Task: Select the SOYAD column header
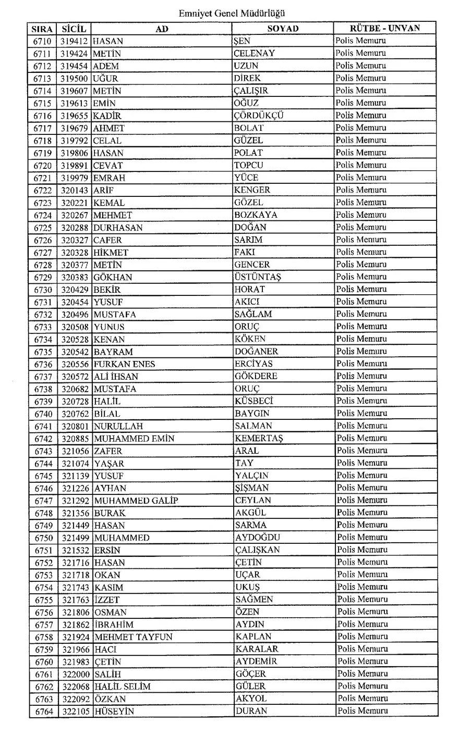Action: (x=283, y=29)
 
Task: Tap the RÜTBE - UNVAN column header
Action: (x=385, y=28)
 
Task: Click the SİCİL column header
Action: (x=74, y=29)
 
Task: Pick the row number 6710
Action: (x=42, y=41)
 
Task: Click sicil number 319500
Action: (x=74, y=78)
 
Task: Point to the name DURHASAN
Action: (x=118, y=228)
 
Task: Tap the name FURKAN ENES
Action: (x=125, y=364)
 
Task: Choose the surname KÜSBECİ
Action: (x=254, y=401)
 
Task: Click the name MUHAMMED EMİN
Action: (x=134, y=439)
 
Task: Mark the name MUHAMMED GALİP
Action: (x=136, y=501)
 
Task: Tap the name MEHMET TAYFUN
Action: (x=134, y=637)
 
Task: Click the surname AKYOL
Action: (x=251, y=699)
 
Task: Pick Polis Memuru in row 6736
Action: (x=361, y=364)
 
